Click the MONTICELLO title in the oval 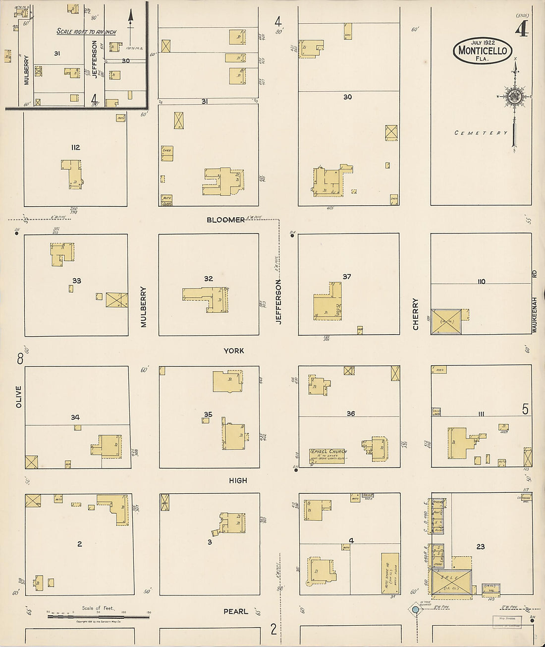(483, 50)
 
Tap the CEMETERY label (481, 133)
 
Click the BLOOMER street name (226, 220)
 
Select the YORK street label (234, 351)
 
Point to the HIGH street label (238, 480)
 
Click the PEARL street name (236, 611)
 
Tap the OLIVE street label (19, 397)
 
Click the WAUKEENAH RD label (534, 301)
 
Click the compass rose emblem (515, 97)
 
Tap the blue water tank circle (415, 609)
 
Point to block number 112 (75, 147)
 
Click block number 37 (347, 276)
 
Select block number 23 (480, 547)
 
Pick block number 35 (208, 414)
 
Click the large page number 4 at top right (521, 30)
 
